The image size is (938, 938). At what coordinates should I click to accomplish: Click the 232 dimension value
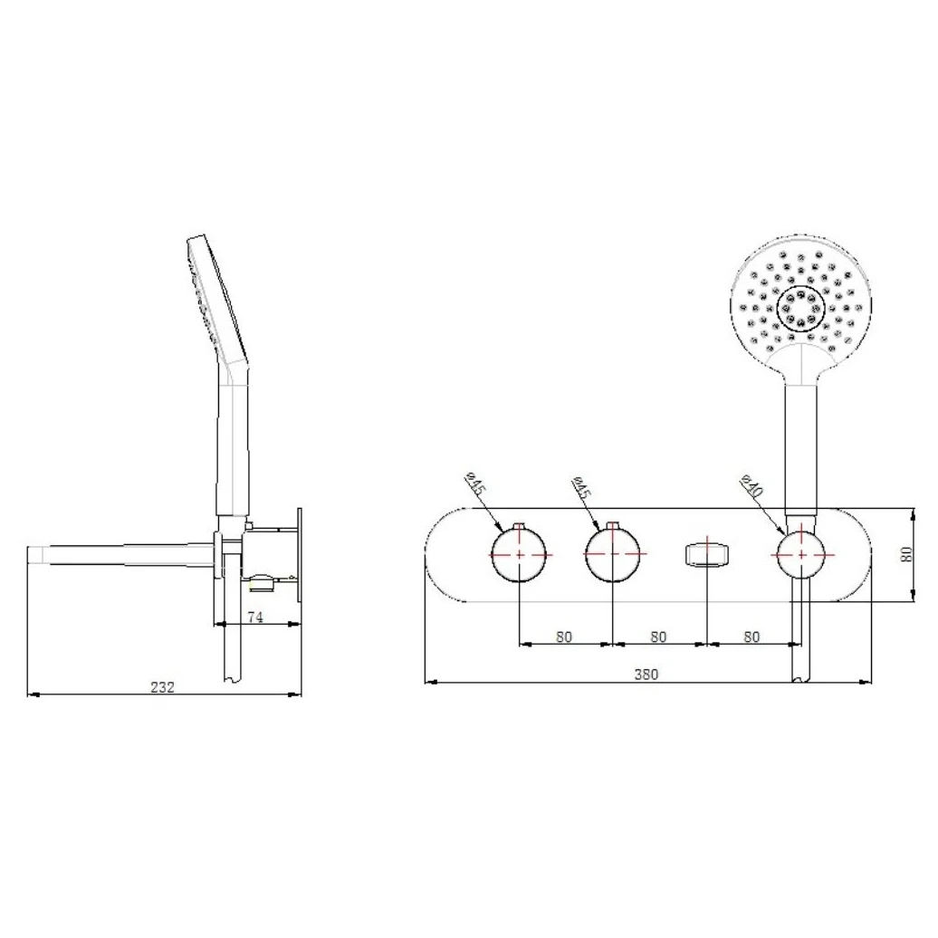[x=162, y=686]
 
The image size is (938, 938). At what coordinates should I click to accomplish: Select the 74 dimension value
[x=255, y=617]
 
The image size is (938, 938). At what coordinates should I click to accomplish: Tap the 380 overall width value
[x=646, y=675]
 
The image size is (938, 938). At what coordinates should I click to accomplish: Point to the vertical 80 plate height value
[x=907, y=554]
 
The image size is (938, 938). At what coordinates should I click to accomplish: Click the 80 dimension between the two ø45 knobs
[x=564, y=636]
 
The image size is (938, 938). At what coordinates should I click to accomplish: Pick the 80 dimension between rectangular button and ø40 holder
[x=751, y=636]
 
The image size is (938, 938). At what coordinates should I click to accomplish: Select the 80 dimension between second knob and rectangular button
[x=658, y=636]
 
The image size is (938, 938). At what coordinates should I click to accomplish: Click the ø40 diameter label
[x=752, y=485]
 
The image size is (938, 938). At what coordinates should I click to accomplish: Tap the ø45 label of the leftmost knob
[x=476, y=483]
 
